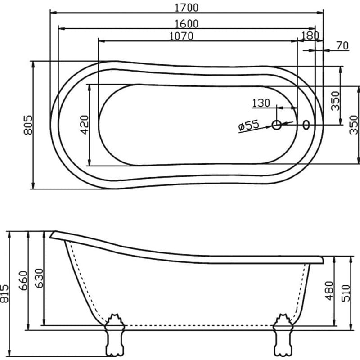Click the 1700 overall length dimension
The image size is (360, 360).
[187, 8]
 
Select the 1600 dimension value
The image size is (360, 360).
[187, 24]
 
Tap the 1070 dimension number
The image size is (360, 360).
[182, 36]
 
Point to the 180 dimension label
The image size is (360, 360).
[310, 36]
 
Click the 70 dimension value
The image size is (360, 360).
[342, 45]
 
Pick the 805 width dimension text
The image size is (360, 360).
[28, 125]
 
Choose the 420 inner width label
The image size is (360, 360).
[85, 125]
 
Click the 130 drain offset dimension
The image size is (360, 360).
[261, 103]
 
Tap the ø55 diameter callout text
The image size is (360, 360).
[249, 125]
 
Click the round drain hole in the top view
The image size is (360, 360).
[277, 125]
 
